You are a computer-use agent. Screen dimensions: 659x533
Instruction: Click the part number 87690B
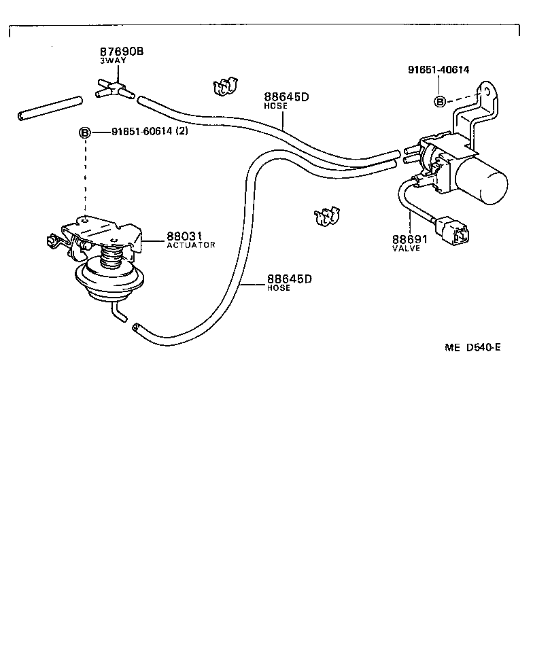pyautogui.click(x=122, y=52)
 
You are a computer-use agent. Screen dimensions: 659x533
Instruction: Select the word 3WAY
pyautogui.click(x=113, y=60)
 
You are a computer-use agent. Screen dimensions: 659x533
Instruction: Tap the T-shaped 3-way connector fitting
pyautogui.click(x=113, y=88)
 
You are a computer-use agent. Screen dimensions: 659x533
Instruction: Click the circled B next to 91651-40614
pyautogui.click(x=440, y=101)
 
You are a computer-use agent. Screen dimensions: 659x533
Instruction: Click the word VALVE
pyautogui.click(x=406, y=249)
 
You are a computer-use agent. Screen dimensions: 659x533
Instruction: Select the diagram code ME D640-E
pyautogui.click(x=472, y=348)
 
